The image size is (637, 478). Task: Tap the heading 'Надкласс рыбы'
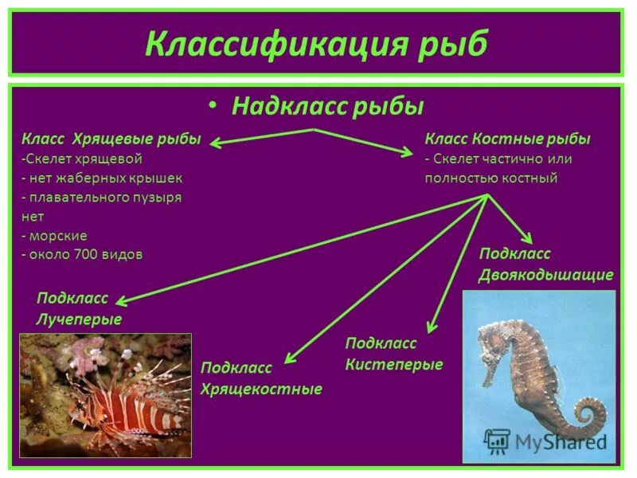click(x=327, y=106)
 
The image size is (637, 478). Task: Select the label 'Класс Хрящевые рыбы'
click(x=111, y=139)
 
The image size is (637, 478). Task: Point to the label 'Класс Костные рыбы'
click(x=507, y=139)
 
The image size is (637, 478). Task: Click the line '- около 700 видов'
click(x=82, y=255)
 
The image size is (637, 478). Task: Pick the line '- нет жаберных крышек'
click(x=102, y=178)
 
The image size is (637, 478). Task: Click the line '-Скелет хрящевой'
click(x=81, y=159)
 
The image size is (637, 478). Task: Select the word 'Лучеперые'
click(x=79, y=319)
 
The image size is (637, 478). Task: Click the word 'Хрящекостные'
click(x=261, y=389)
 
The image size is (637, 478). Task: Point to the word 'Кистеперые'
click(x=393, y=364)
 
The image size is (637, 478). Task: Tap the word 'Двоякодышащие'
click(x=545, y=275)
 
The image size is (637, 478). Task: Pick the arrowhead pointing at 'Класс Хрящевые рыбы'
click(x=214, y=144)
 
